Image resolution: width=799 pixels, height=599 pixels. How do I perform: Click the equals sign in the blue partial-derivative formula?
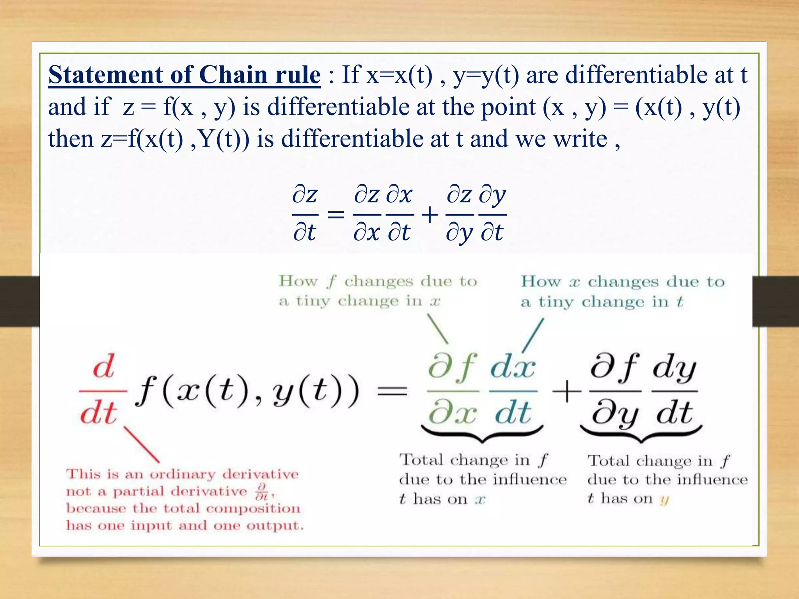[x=336, y=214]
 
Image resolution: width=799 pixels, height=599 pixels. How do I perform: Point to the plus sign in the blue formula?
[x=430, y=215]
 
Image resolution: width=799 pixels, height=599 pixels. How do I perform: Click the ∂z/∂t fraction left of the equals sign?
[x=305, y=214]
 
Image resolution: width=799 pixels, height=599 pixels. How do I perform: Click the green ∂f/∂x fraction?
[x=453, y=390]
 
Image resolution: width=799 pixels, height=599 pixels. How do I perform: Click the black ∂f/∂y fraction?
[x=615, y=390]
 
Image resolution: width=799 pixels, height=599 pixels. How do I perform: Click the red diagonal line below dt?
[x=141, y=445]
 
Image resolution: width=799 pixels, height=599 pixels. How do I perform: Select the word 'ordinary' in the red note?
[x=183, y=474]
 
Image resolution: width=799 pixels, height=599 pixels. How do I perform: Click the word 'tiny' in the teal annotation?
[x=555, y=302]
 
